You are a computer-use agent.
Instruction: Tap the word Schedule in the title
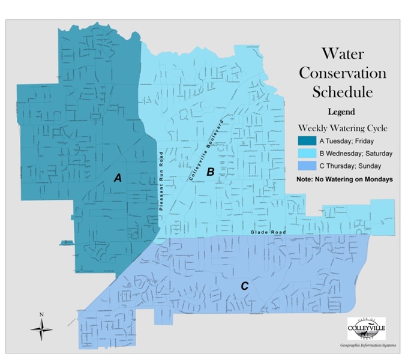[343, 92]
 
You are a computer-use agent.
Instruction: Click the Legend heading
[342, 112]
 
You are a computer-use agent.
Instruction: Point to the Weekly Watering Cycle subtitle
[343, 128]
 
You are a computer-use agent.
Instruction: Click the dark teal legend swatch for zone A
[307, 141]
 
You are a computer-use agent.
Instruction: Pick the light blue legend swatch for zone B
[307, 154]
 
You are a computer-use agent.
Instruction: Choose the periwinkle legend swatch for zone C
[307, 166]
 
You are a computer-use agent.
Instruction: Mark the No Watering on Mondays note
[344, 179]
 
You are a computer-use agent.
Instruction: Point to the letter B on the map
[211, 172]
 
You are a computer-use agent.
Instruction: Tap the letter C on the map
[245, 286]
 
